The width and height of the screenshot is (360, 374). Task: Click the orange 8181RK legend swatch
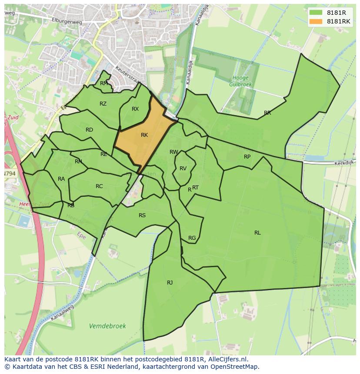point(316,21)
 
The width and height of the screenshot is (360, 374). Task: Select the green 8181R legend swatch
point(316,13)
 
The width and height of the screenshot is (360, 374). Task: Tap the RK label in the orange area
point(144,135)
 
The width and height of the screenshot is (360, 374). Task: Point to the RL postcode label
point(257,233)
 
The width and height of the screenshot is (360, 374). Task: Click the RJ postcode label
point(170,283)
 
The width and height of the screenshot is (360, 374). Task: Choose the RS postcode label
point(142,215)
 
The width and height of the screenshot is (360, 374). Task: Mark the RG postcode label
point(192,238)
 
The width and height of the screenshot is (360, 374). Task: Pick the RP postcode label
point(247,157)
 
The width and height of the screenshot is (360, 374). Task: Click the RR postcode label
point(267,113)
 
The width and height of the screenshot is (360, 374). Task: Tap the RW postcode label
point(174,152)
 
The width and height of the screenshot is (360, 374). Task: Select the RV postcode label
point(183,169)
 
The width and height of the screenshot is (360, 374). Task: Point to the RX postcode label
point(135,109)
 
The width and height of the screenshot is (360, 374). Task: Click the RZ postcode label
point(103,104)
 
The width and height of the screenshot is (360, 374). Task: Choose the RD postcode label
point(89,130)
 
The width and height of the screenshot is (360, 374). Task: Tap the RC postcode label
point(99,186)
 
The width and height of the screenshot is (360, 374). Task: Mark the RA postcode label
point(61,179)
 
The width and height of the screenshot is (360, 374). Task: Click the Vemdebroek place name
point(107,326)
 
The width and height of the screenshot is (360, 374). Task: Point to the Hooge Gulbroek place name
point(240,81)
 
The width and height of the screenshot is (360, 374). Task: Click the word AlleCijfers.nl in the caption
point(226,359)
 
